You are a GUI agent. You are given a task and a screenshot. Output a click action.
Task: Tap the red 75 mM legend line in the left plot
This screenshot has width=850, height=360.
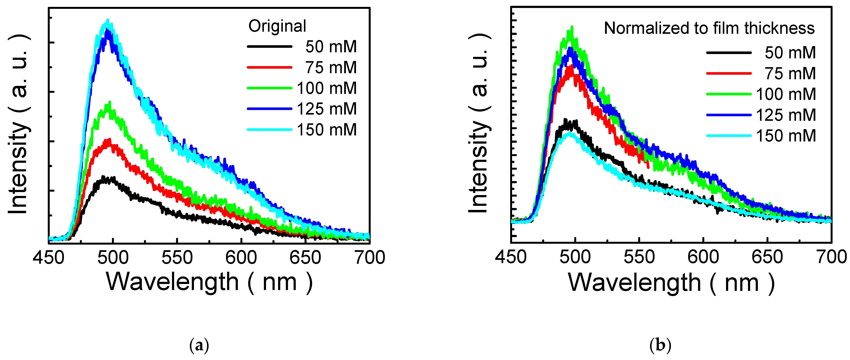coord(269,67)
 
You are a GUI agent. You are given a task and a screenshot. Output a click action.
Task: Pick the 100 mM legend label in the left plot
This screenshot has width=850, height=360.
coord(327,88)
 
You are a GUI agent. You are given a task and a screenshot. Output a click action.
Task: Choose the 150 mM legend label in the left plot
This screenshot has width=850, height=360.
coord(327,130)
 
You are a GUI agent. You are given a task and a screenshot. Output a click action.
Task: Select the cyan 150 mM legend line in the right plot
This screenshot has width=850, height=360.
coord(729,136)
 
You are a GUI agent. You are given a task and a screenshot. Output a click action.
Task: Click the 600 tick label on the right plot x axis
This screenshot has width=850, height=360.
coord(703,257)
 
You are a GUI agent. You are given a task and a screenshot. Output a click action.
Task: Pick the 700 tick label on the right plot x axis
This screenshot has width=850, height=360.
coord(831,257)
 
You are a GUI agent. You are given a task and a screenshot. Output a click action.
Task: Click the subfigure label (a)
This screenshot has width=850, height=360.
coord(199,346)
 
